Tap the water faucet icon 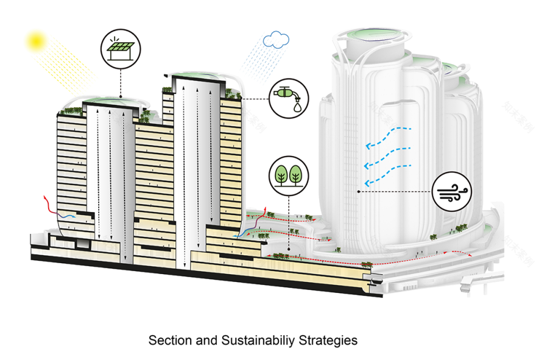[288, 99]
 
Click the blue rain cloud [276, 40]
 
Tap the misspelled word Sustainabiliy [252, 340]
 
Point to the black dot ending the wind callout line [358, 192]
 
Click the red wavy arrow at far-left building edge [46, 203]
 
